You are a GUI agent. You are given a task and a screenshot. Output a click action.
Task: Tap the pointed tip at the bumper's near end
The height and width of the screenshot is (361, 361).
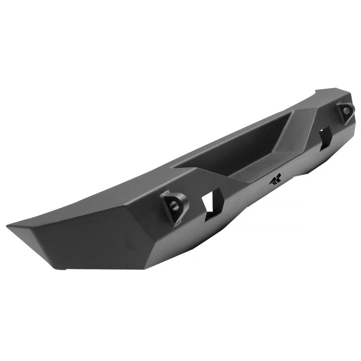[9, 225]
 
